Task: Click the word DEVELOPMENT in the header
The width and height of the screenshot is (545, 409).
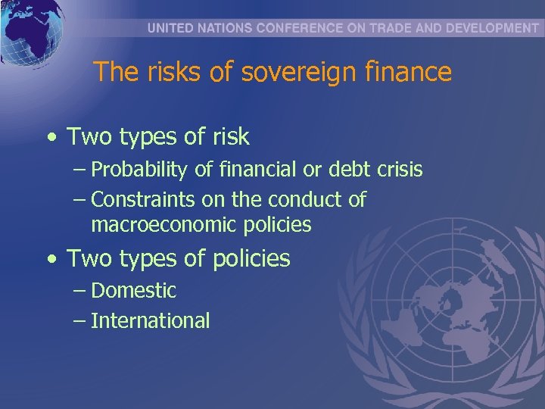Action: tap(487, 28)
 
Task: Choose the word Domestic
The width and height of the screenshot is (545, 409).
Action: tap(133, 291)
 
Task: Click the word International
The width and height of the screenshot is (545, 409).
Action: tap(150, 321)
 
